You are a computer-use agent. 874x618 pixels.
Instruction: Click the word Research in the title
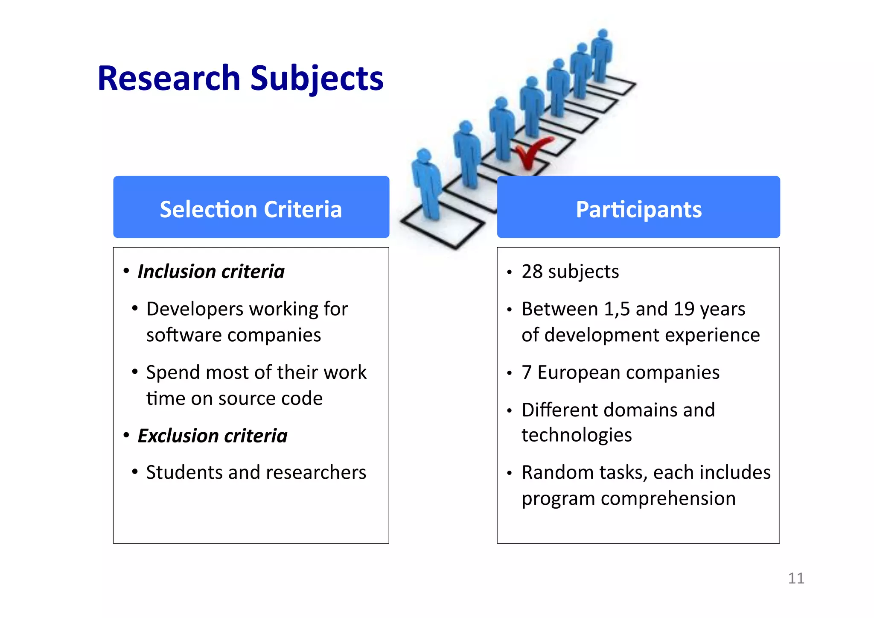(x=169, y=79)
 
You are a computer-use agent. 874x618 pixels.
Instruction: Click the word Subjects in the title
(x=317, y=79)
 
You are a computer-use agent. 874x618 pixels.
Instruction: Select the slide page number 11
(x=796, y=578)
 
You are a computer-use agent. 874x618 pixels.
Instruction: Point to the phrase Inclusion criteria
(x=211, y=272)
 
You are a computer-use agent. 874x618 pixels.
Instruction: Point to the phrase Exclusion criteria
(x=212, y=436)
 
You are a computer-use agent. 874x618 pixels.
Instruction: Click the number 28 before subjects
(x=532, y=272)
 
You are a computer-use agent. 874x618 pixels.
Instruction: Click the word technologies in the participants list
(x=577, y=435)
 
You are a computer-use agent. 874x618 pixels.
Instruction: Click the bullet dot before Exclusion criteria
(x=126, y=435)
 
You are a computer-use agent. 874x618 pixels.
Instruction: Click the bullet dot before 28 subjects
(x=509, y=272)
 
